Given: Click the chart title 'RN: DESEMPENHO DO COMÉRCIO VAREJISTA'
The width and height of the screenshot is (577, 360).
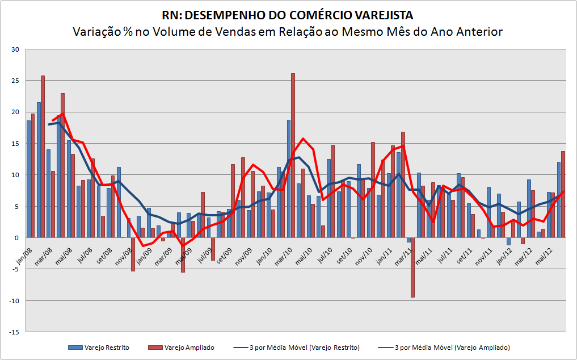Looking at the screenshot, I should pyautogui.click(x=288, y=15).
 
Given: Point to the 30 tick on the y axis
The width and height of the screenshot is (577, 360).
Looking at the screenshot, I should pyautogui.click(x=15, y=49).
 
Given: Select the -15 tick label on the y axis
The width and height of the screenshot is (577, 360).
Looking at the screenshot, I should pyautogui.click(x=14, y=332).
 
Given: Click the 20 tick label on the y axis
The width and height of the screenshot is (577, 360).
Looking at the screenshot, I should pyautogui.click(x=15, y=112).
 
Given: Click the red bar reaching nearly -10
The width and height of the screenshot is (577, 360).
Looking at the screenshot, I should pyautogui.click(x=412, y=267).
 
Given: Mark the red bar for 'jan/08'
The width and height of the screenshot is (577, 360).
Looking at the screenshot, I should pyautogui.click(x=33, y=175).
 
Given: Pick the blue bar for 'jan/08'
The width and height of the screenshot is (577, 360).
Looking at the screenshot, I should pyautogui.click(x=28, y=179).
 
